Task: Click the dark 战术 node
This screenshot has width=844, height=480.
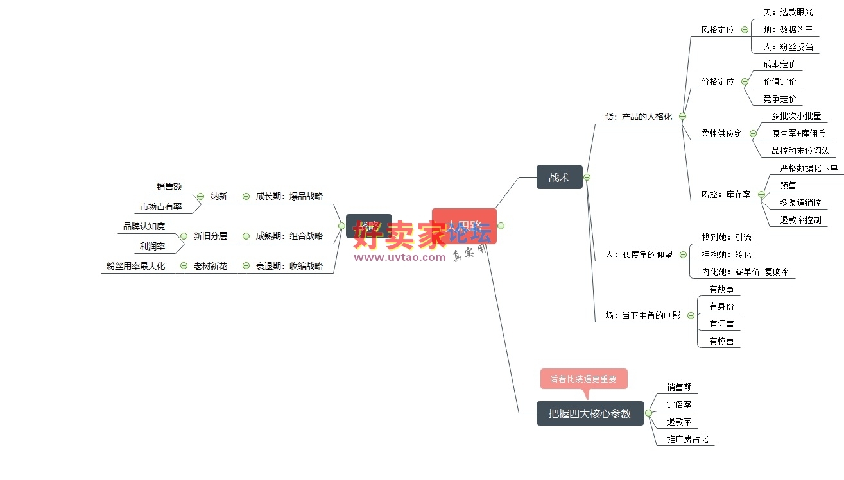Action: tap(559, 178)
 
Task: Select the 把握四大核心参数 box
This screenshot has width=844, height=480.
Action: tap(590, 413)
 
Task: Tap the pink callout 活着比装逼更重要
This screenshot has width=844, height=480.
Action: tap(583, 379)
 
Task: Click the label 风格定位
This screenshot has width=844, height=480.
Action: tap(717, 29)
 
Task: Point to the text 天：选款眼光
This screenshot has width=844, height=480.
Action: tap(788, 12)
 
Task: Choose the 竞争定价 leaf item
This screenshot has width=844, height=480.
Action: tap(779, 99)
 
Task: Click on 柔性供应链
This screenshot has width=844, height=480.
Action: tap(721, 133)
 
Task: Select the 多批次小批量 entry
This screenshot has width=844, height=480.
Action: tap(796, 116)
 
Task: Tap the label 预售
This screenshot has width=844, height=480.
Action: tap(788, 185)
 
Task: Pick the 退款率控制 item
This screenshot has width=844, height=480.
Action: tap(800, 220)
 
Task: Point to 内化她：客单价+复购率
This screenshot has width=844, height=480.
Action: tap(748, 272)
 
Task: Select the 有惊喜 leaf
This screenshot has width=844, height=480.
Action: tap(721, 341)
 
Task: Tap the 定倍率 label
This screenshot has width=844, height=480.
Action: tap(679, 404)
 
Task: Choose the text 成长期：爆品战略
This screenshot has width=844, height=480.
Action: tap(289, 196)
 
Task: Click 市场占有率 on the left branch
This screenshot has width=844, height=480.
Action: tap(160, 206)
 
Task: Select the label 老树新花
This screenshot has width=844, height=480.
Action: tap(211, 266)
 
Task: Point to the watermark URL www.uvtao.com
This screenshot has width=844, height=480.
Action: tap(399, 257)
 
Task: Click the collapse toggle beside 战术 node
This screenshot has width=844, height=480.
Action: tap(587, 178)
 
